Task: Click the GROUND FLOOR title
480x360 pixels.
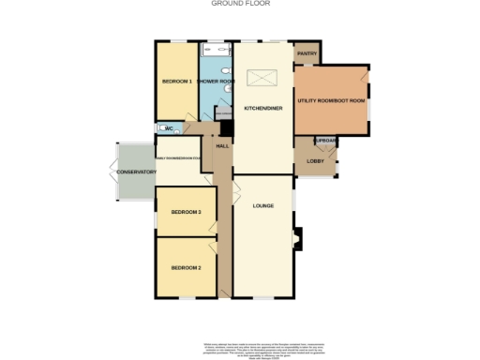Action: coord(240,4)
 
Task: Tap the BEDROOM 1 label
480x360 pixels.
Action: coord(176,82)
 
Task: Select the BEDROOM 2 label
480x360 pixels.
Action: coord(186,268)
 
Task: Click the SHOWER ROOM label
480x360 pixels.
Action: coord(215,82)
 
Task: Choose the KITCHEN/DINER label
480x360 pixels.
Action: coord(262,109)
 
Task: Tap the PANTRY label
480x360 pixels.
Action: coord(307,54)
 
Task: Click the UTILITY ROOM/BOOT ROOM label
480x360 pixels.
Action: coord(331,100)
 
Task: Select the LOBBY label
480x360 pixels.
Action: coord(315,161)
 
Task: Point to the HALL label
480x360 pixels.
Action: coord(223,147)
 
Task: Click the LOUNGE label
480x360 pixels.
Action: coord(262,205)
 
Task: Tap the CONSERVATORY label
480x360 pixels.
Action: coord(131,172)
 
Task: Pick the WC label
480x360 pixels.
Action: coord(170,128)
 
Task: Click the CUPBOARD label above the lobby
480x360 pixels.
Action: coord(325,141)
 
